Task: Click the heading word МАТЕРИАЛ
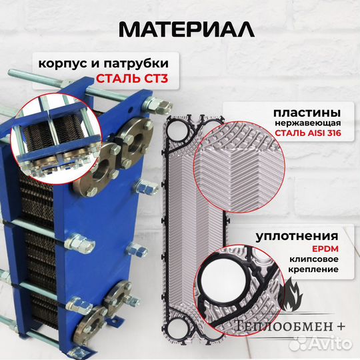click(179, 30)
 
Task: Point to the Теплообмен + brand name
click(287, 325)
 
